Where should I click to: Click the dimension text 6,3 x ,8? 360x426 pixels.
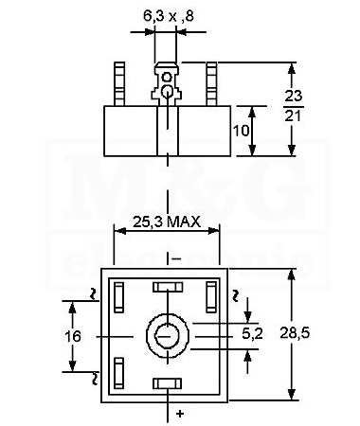pos(169,16)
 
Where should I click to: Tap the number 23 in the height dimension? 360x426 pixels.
pos(294,96)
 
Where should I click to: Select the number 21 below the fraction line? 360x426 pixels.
pos(293,116)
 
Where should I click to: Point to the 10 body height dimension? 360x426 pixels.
pos(241,131)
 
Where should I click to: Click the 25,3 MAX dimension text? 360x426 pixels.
pos(167,222)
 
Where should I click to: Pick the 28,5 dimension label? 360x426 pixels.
pos(295,333)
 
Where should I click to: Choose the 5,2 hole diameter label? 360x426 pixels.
pos(252,334)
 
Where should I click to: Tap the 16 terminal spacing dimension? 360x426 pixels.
pos(73,336)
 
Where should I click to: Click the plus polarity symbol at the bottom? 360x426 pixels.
pos(180,414)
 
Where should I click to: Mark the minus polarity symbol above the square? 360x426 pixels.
pos(176,259)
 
